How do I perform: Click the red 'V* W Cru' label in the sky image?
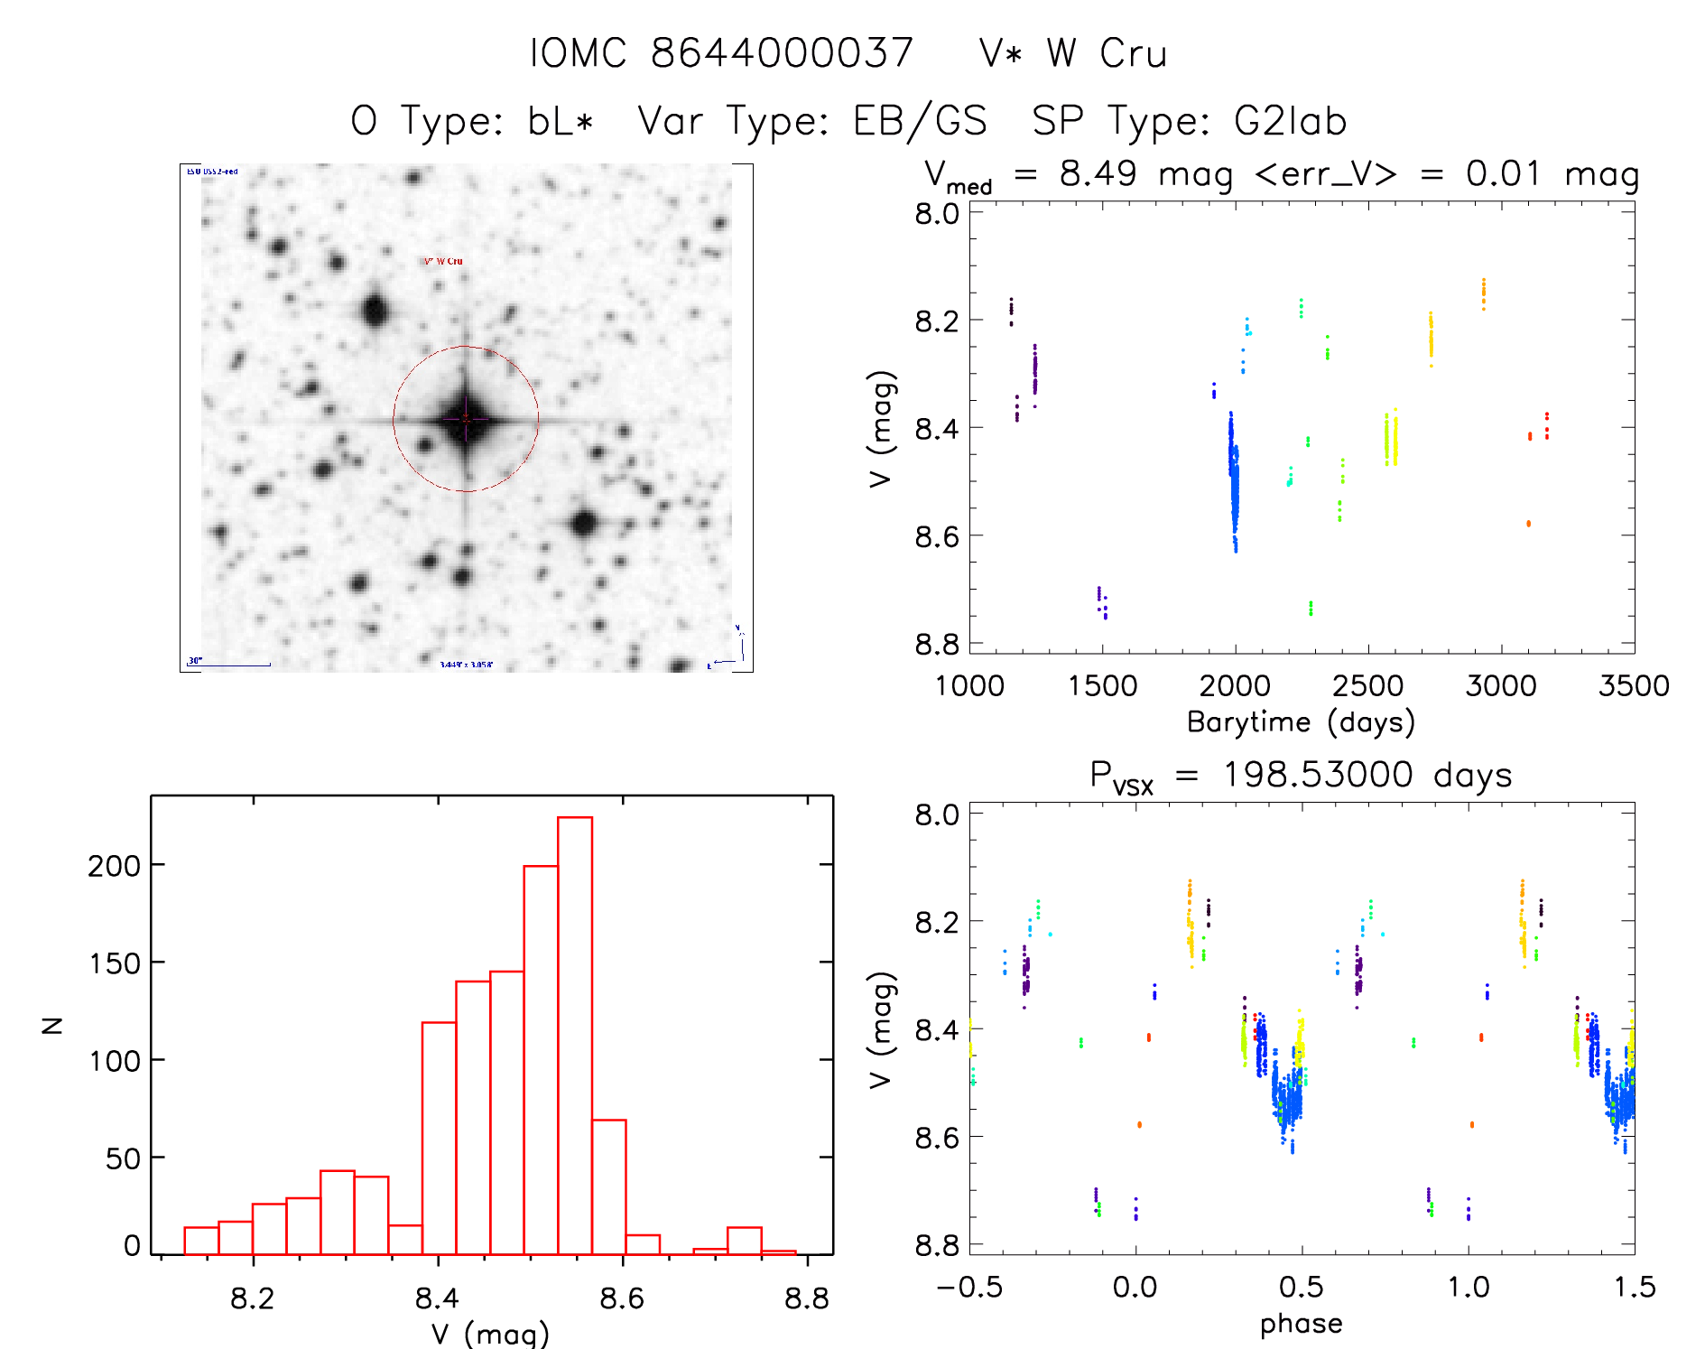(x=443, y=262)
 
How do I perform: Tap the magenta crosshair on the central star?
(x=466, y=419)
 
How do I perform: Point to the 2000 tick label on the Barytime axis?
(x=1235, y=686)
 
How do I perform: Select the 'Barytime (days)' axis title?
(x=1301, y=722)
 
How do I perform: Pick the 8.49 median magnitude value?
(x=1098, y=173)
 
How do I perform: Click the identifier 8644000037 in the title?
(x=782, y=53)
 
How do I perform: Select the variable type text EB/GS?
(x=920, y=121)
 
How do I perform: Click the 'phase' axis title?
(x=1301, y=1324)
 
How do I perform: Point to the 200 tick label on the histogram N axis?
(x=115, y=866)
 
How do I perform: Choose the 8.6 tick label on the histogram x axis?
(x=622, y=1298)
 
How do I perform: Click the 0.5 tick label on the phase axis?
(x=1302, y=1287)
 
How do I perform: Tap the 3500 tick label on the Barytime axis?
(x=1634, y=686)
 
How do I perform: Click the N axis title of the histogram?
(x=53, y=1025)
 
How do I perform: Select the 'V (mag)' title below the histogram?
(x=490, y=1334)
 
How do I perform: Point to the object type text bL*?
(x=561, y=121)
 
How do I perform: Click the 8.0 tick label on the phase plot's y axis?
(x=937, y=814)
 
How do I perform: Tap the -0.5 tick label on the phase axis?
(x=969, y=1287)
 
